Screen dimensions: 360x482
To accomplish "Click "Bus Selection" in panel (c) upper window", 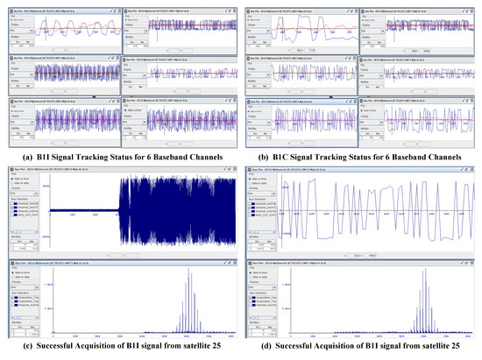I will click(15, 198).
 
